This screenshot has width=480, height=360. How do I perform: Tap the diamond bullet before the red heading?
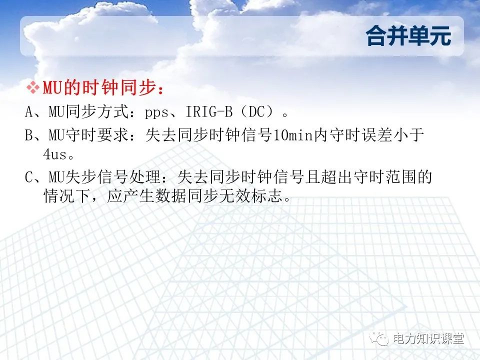point(32,88)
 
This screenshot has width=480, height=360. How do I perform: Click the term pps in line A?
point(156,112)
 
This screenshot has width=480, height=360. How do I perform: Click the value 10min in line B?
point(293,135)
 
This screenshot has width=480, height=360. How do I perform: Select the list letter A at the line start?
point(29,112)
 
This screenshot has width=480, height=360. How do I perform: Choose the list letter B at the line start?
point(29,135)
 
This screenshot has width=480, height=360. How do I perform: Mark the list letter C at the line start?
point(29,176)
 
